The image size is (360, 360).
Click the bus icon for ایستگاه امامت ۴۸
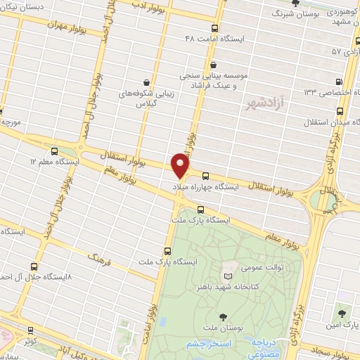tap(214, 29)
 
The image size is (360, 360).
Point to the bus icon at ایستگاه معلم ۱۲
tap(56, 150)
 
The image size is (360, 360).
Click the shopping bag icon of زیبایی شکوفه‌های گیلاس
tap(146, 82)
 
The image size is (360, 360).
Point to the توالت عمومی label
tap(240, 267)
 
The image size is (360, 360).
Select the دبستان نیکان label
tap(24, 5)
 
